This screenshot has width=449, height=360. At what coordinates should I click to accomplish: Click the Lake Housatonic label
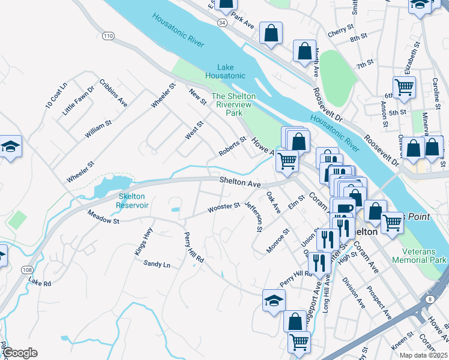pos(225,71)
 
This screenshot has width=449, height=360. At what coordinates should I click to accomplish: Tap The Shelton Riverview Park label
pos(234,104)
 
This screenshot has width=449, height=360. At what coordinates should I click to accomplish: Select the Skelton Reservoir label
pos(133,200)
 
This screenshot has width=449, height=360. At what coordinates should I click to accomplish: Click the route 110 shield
pos(108,37)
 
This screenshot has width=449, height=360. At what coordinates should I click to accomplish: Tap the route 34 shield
pos(222,22)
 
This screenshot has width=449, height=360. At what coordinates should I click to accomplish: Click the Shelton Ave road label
pos(240,180)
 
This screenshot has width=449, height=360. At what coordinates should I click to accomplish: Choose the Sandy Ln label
pos(157,265)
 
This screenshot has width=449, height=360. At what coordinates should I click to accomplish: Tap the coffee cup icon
pos(345,209)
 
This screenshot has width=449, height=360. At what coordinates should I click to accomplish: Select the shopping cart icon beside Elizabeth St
pos(405,87)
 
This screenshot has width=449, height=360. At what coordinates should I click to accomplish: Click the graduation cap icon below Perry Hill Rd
pos(274,300)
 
